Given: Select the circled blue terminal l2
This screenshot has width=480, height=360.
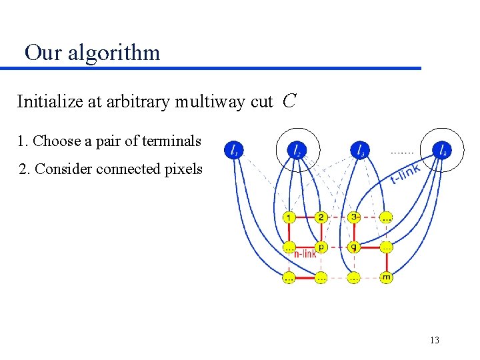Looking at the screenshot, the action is coord(297,151).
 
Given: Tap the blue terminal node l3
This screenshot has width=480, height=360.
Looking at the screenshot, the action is coord(360,151).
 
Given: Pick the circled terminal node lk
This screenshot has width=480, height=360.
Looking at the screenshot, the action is coord(441,151).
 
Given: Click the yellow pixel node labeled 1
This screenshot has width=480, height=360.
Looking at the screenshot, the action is coord(289,217).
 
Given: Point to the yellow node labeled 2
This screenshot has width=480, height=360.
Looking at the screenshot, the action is coord(321,217).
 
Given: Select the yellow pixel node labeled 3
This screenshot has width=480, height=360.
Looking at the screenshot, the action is coord(354,217).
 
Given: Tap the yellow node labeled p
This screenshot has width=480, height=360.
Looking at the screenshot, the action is coord(321,247).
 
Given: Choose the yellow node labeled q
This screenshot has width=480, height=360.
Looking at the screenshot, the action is coord(354,247).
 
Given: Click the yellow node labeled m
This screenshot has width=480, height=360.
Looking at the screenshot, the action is coord(386,277).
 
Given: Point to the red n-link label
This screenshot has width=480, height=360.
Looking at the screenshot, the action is coord(305,253).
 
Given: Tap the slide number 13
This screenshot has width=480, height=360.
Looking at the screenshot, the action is coord(435,341).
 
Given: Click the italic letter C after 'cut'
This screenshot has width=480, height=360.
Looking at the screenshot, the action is coord(289,101).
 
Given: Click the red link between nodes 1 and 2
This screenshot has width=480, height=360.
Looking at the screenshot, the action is coord(305,217).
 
